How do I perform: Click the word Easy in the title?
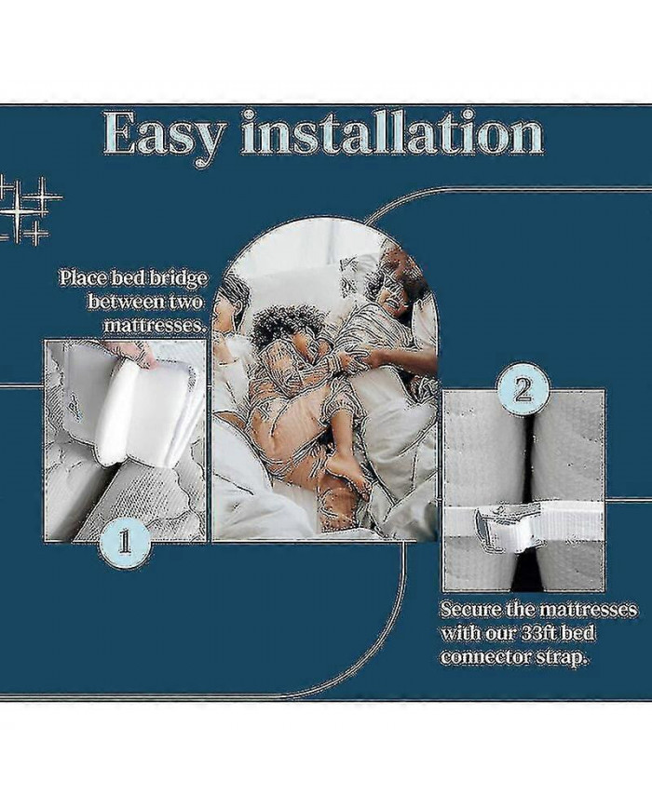164,134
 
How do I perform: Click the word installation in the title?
391,134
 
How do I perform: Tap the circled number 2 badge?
523,389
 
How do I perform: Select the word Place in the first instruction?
81,277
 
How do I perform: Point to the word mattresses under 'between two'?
154,326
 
